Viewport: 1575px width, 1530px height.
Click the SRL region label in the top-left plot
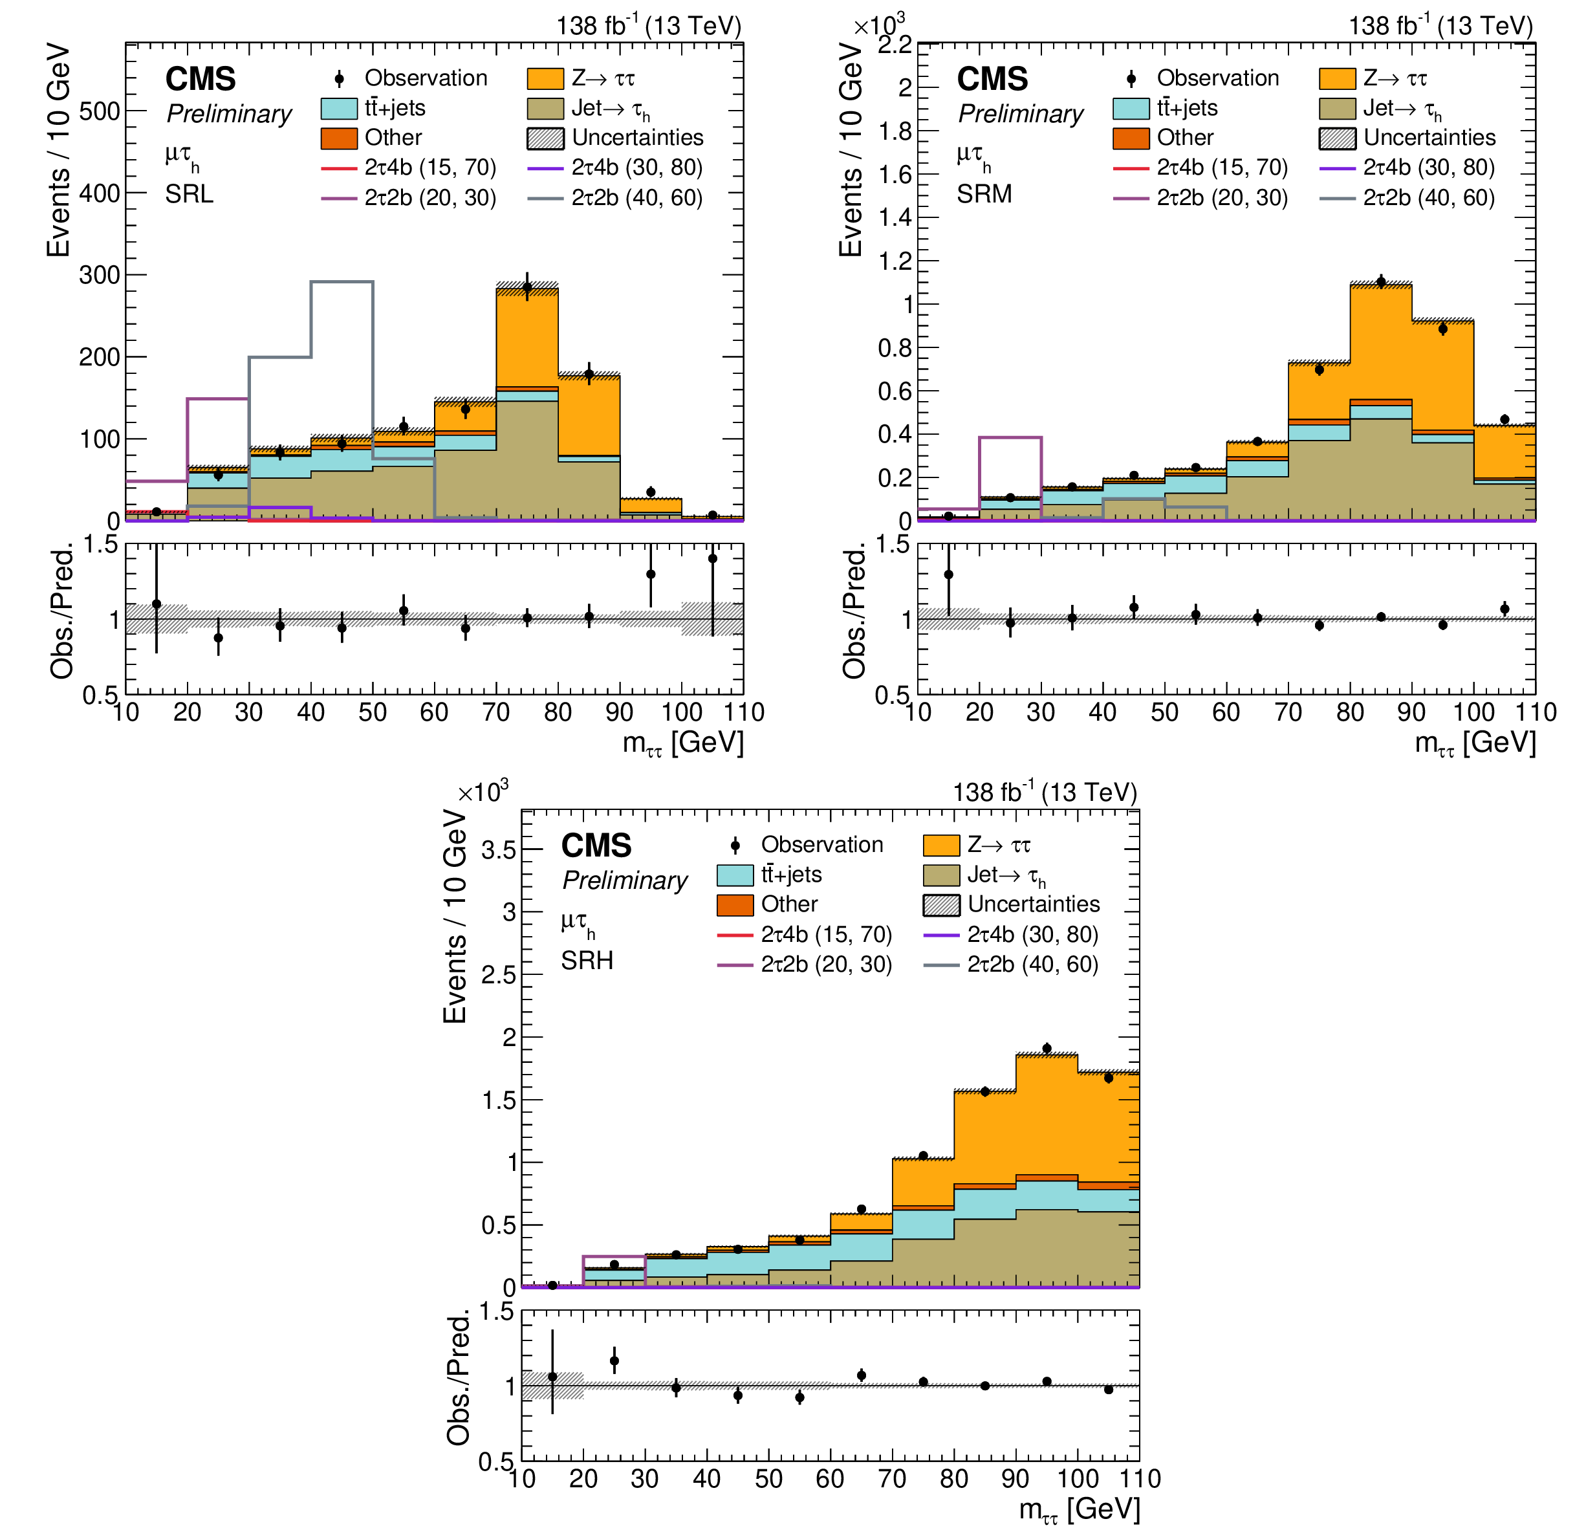(190, 195)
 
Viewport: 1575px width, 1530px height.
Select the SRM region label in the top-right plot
(984, 195)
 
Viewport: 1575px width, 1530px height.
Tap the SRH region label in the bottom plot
(587, 961)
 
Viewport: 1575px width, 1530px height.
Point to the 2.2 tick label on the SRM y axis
(895, 45)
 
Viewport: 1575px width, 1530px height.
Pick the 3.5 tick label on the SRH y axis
(498, 850)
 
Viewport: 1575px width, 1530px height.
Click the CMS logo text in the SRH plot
(596, 846)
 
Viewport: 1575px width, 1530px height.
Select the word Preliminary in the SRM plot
(1021, 114)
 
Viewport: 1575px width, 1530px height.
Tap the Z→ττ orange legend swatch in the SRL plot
(545, 79)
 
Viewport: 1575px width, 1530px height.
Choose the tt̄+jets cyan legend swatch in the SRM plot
(1131, 109)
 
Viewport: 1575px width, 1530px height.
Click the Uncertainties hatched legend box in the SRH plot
(941, 905)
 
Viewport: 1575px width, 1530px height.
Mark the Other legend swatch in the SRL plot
(338, 138)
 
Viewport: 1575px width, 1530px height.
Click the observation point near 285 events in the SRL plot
(527, 287)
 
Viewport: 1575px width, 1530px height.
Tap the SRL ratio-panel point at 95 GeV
(651, 574)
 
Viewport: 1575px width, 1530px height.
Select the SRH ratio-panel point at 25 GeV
(614, 1361)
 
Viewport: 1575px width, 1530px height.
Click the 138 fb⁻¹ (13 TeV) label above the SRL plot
(649, 26)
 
